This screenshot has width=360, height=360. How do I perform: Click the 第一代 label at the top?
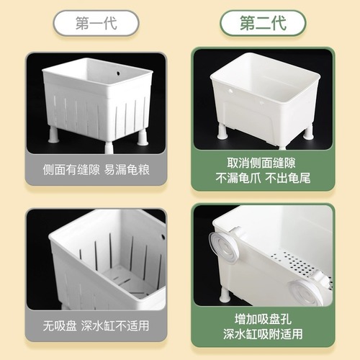[x=96, y=23]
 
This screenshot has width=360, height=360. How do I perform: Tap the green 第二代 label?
[x=263, y=23]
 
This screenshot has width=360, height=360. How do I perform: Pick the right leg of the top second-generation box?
[x=308, y=130]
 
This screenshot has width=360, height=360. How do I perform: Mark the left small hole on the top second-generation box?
[x=230, y=92]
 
